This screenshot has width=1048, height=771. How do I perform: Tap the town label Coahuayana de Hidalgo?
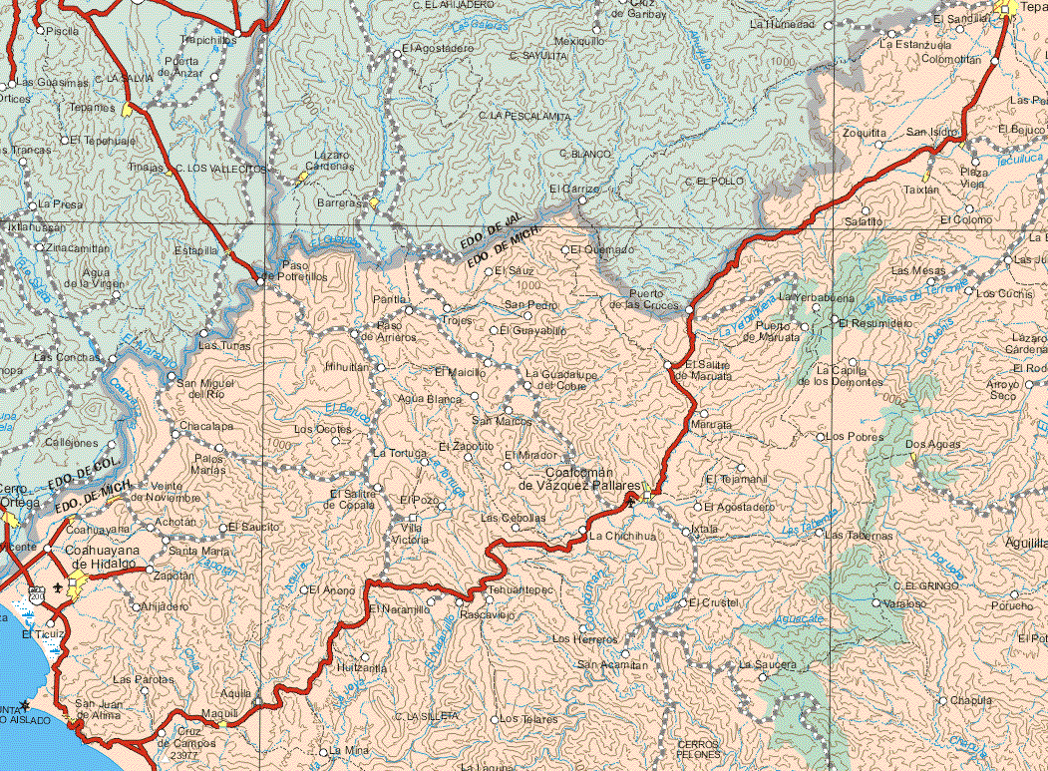click(100, 557)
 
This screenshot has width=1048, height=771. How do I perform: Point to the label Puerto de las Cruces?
click(653, 299)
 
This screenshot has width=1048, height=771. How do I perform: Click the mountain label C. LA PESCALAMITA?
click(524, 117)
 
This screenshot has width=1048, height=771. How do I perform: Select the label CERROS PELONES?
click(698, 749)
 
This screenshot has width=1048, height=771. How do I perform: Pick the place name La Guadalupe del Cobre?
click(561, 379)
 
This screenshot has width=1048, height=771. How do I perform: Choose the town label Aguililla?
click(1026, 543)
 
